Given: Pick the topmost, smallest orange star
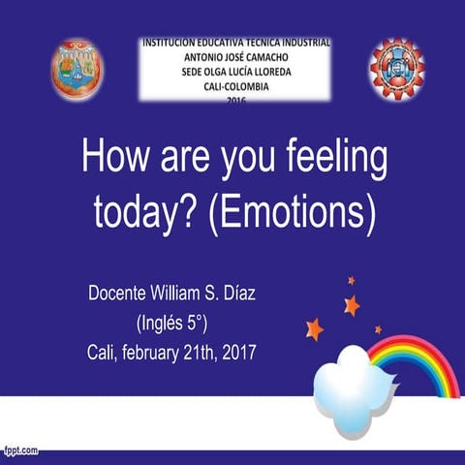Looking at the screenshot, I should click(351, 280).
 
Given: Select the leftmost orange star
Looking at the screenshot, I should click(313, 328).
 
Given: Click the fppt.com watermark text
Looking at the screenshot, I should click(21, 449).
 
